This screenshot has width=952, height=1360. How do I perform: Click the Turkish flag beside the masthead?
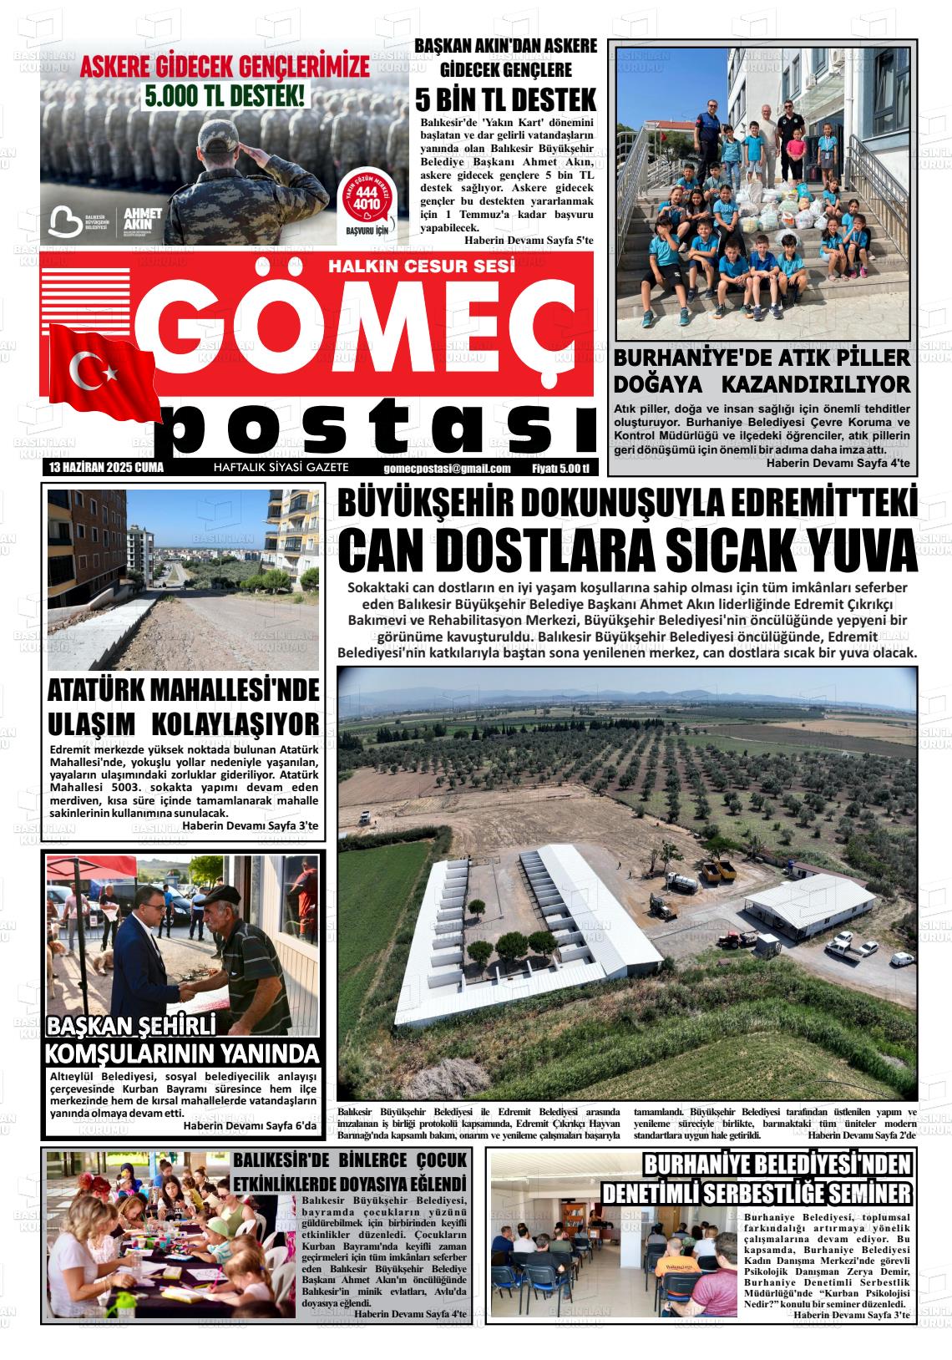(101, 372)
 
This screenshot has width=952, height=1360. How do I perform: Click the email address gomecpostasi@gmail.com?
(448, 469)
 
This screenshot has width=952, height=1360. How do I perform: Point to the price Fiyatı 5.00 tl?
(560, 469)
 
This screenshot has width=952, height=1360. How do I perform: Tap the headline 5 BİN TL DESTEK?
(506, 100)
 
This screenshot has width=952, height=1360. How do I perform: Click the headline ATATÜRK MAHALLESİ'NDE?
(184, 691)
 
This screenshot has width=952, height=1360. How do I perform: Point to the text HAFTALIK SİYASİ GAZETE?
(281, 469)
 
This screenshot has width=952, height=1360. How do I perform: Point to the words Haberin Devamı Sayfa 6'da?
(251, 1126)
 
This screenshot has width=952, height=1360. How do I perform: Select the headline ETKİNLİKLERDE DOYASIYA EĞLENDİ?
(349, 1185)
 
